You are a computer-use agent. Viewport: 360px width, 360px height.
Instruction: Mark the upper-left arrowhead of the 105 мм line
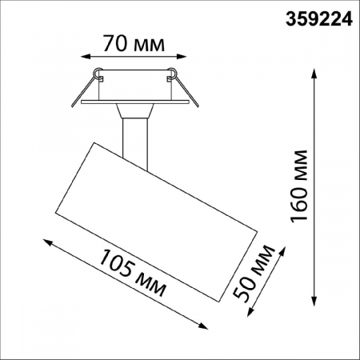click(45, 240)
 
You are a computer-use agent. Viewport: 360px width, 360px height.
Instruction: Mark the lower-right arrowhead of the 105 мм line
click(206, 326)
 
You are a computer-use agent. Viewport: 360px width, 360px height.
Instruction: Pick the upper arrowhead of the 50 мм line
click(282, 250)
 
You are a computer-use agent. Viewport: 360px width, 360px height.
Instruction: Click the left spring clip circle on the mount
click(98, 76)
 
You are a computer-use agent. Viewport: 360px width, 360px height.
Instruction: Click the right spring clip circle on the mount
click(170, 76)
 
